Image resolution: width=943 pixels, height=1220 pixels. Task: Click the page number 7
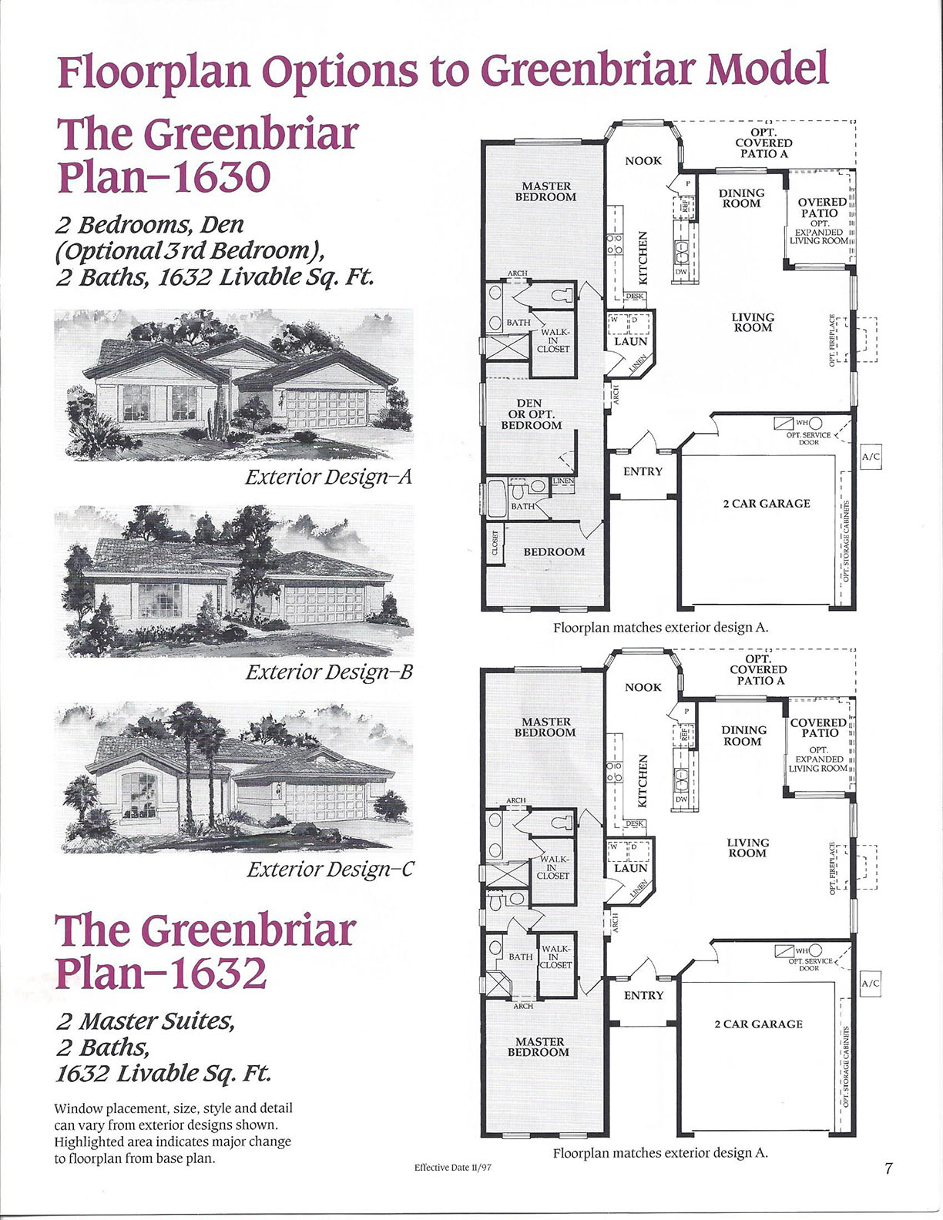coord(888,1168)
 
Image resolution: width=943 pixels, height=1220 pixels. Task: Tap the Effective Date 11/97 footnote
coord(452,1167)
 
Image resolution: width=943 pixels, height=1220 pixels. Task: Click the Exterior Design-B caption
coord(329,672)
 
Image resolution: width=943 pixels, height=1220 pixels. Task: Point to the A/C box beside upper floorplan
coord(871,457)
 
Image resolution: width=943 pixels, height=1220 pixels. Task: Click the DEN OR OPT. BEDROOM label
coord(531,414)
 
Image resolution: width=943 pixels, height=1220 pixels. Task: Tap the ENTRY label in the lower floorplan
coord(643,995)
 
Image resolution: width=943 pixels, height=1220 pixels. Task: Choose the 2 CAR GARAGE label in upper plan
coord(766,504)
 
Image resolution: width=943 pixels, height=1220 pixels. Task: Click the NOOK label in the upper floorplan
coord(643,161)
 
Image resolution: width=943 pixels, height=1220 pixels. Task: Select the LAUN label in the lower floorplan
coord(630,868)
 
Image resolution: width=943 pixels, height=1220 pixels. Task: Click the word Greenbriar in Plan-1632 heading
coord(250,930)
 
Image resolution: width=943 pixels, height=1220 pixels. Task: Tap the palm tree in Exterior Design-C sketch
coord(187,739)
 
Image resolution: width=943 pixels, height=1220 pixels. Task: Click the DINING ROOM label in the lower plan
coord(743,736)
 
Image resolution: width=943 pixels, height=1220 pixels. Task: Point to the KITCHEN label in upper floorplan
coord(645,257)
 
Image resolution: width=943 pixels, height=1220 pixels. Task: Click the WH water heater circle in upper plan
coord(815,424)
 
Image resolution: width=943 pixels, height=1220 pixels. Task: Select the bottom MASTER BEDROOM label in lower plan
coord(538,1047)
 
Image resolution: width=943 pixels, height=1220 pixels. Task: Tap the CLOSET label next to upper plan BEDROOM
coord(495,542)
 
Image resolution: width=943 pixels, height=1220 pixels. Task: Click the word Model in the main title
coord(767,69)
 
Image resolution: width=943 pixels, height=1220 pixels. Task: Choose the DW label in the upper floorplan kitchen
coord(681,272)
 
